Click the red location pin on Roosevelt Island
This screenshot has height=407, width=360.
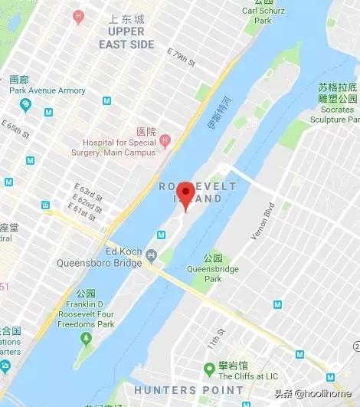point(185,194)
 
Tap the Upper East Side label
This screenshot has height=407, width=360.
point(126,38)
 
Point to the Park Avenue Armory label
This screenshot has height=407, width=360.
point(47,90)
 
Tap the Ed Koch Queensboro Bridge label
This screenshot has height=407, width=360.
point(100,258)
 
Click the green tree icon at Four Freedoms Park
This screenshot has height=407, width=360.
point(85,337)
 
